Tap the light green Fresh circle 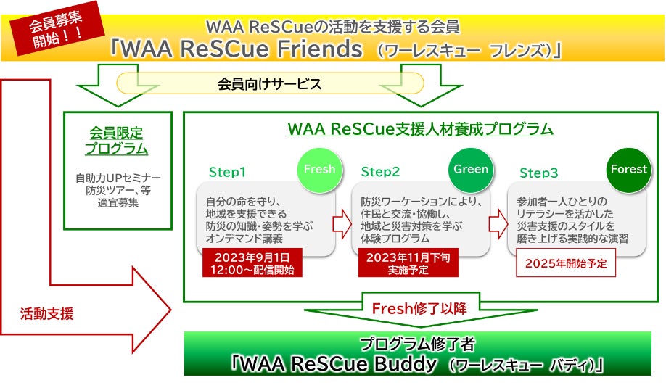pos(319,170)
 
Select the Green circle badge pos(471,170)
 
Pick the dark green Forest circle pos(628,170)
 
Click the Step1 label pos(228,173)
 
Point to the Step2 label pos(381,173)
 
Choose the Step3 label pos(539,173)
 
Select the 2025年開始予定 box pos(565,263)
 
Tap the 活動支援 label pos(47,315)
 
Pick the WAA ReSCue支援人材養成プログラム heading pos(420,129)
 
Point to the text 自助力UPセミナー pos(118,178)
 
